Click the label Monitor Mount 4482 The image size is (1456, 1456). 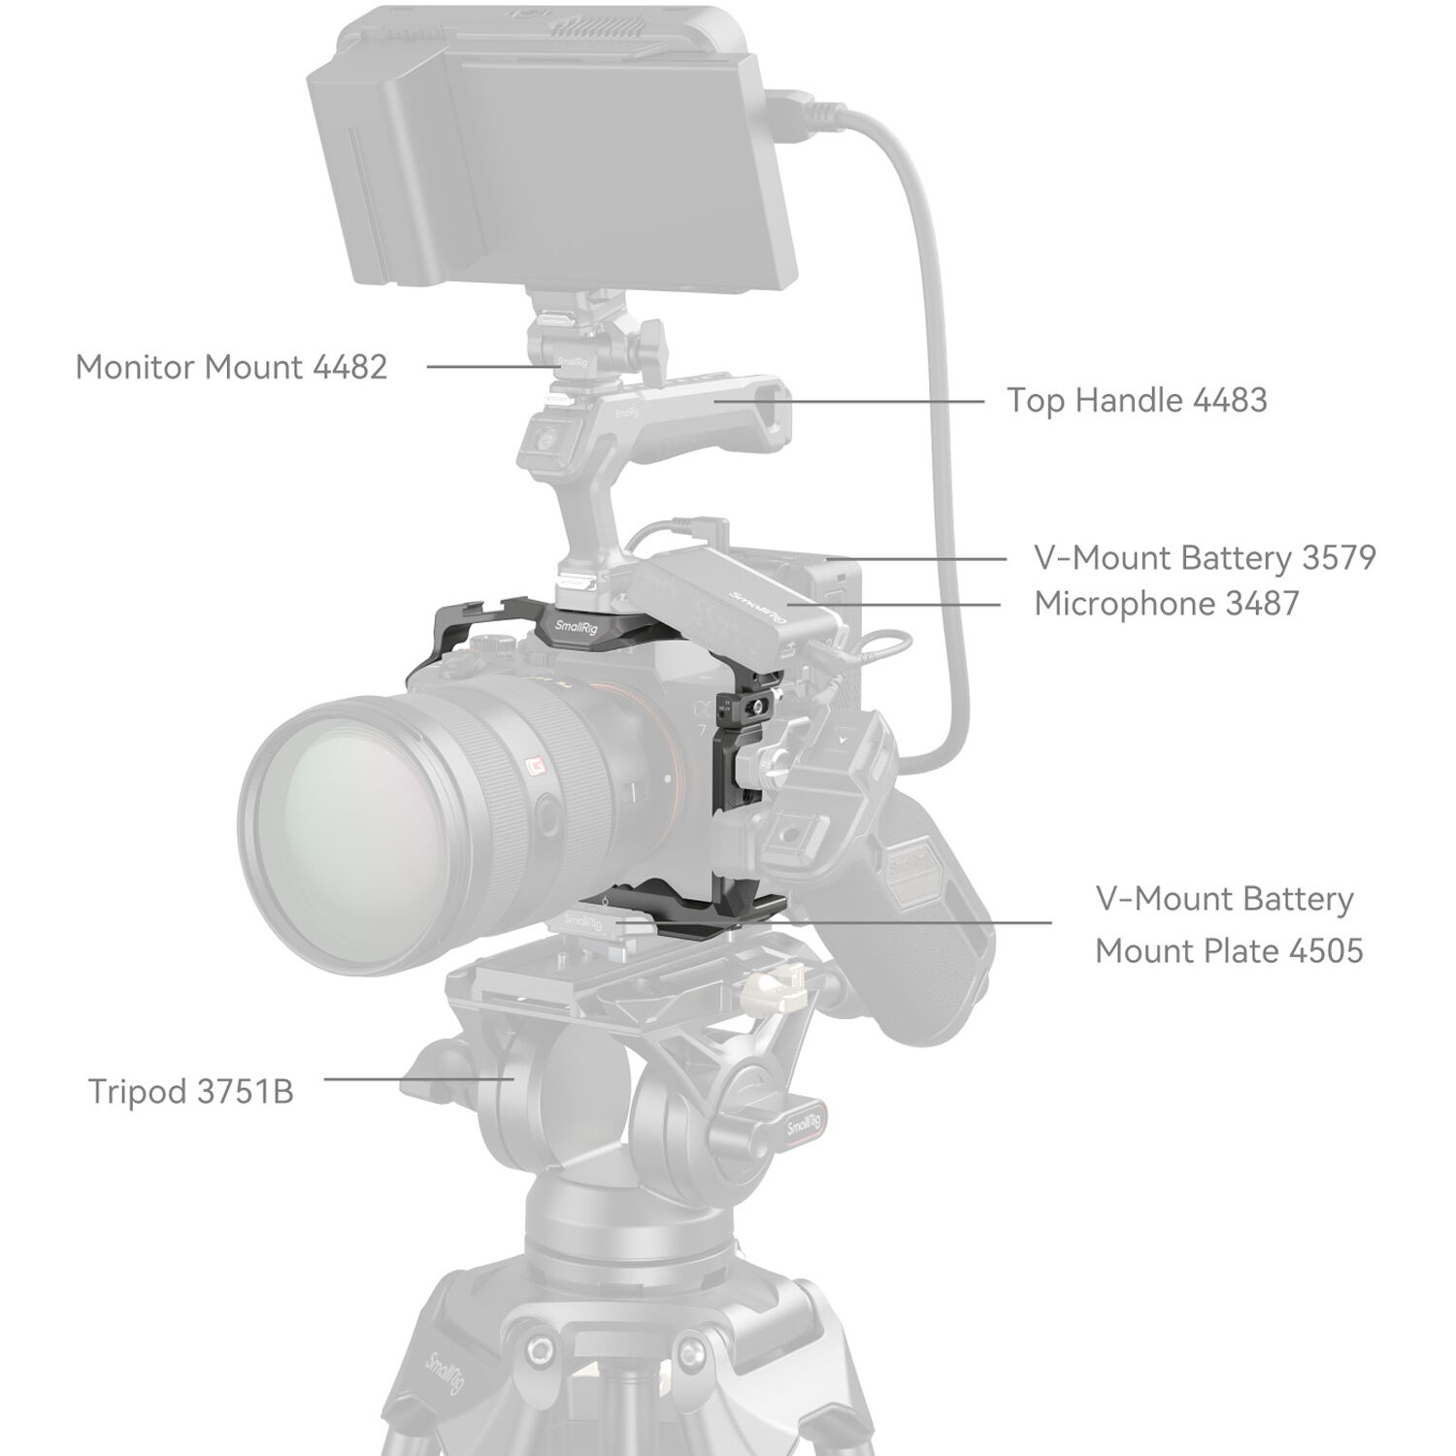click(x=231, y=367)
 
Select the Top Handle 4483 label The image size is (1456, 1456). click(x=1136, y=400)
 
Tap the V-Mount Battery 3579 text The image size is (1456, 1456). click(x=1205, y=558)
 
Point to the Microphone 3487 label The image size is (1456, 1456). click(x=1166, y=604)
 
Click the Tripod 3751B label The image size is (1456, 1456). click(x=190, y=1091)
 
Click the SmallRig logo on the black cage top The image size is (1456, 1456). click(x=579, y=626)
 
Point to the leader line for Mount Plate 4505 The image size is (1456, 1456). click(x=922, y=922)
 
